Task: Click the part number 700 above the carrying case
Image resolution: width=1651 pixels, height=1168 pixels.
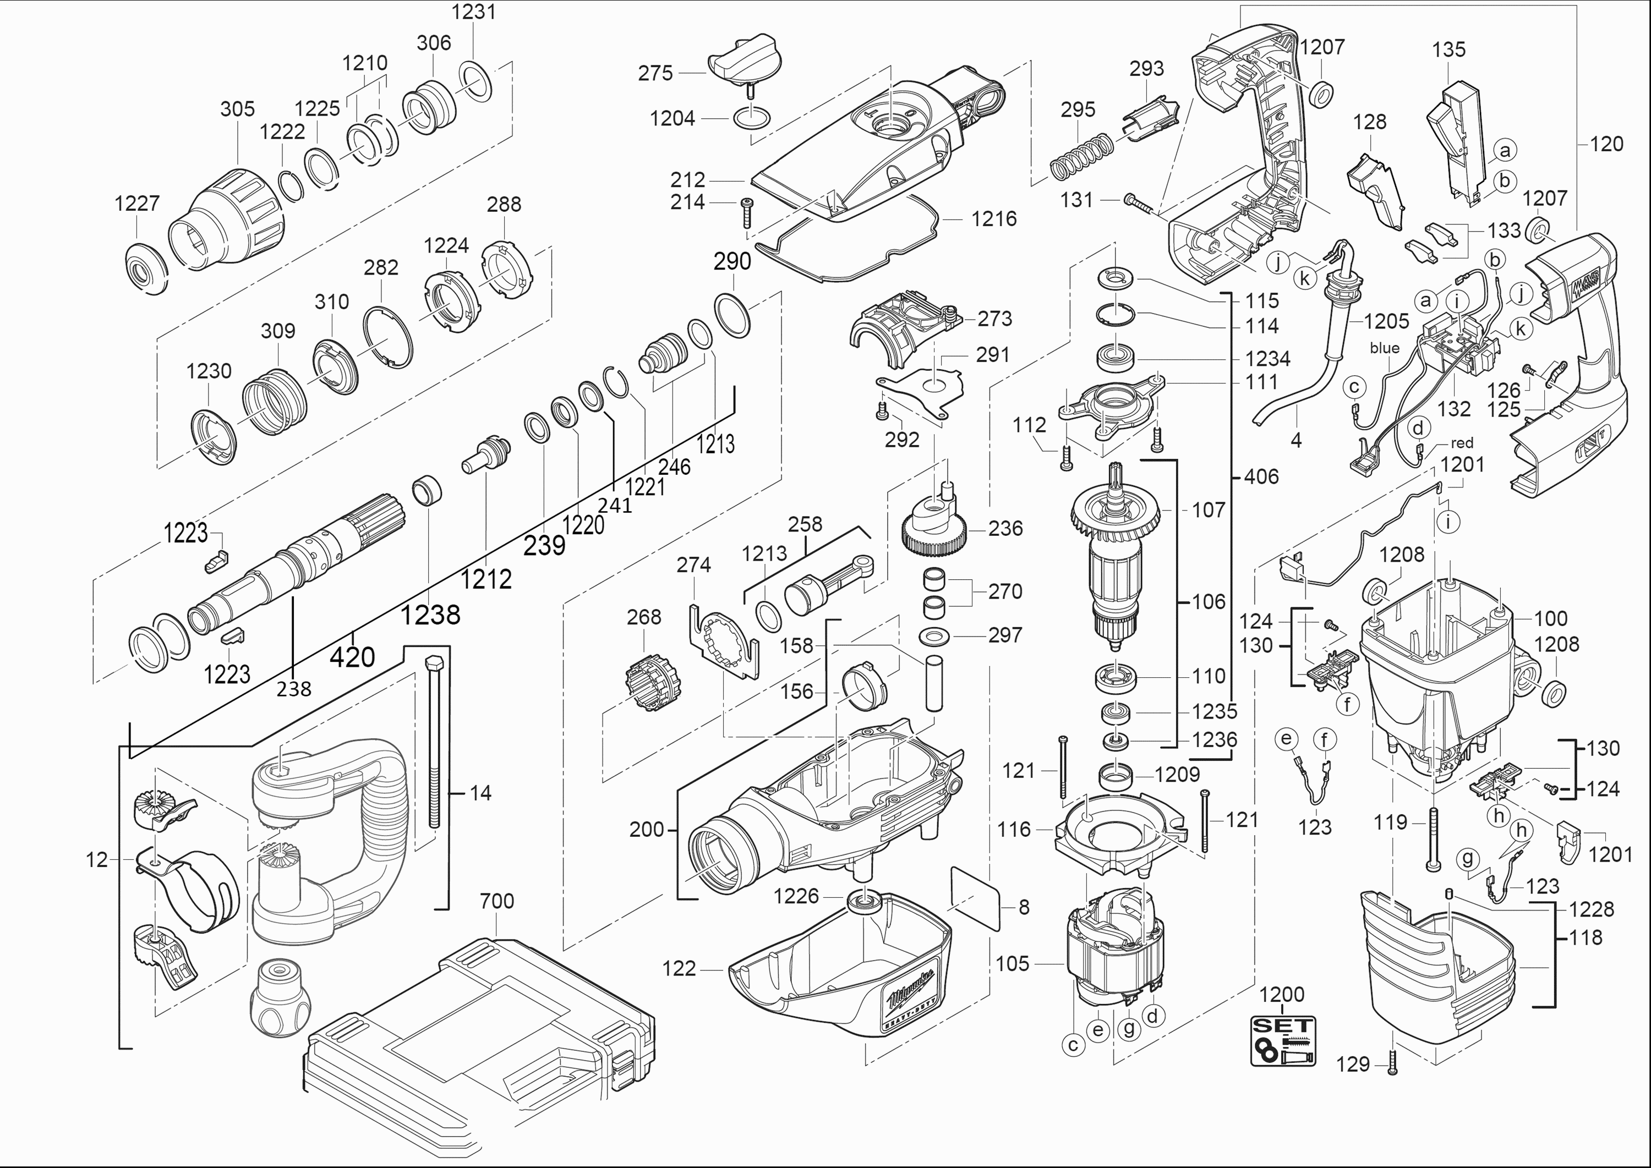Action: click(x=496, y=901)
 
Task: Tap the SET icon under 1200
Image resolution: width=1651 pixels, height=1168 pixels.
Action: click(x=1283, y=1040)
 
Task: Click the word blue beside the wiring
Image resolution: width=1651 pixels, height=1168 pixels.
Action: click(x=1384, y=348)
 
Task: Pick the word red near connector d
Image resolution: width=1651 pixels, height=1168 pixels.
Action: click(x=1462, y=443)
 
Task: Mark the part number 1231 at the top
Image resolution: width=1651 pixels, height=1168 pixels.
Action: click(x=473, y=12)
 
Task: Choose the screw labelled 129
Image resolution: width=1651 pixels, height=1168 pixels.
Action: click(x=1391, y=1063)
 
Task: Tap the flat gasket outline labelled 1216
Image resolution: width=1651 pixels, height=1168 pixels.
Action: click(x=849, y=244)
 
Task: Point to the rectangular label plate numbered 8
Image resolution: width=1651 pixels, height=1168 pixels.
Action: click(x=976, y=898)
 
